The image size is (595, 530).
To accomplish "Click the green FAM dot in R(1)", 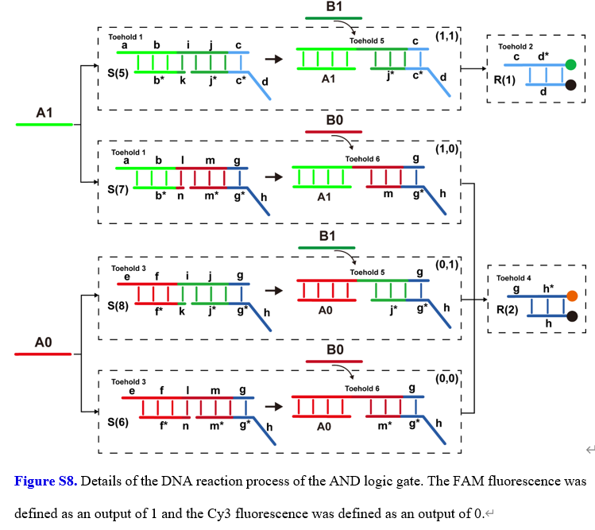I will [570, 64].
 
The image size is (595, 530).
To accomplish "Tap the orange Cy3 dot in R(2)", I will [572, 297].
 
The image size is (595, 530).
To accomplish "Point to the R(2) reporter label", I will [507, 311].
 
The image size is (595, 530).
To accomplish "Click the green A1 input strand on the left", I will [44, 125].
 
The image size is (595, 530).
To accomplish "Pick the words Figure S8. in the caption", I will [46, 481].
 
